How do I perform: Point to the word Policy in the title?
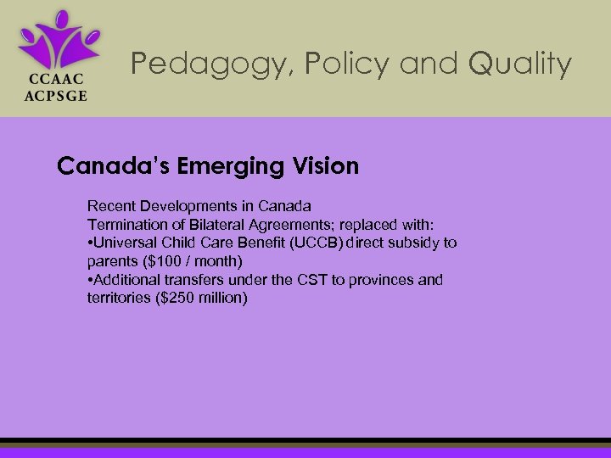[318, 64]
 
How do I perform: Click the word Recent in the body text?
[110, 206]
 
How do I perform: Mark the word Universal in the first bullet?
[124, 243]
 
